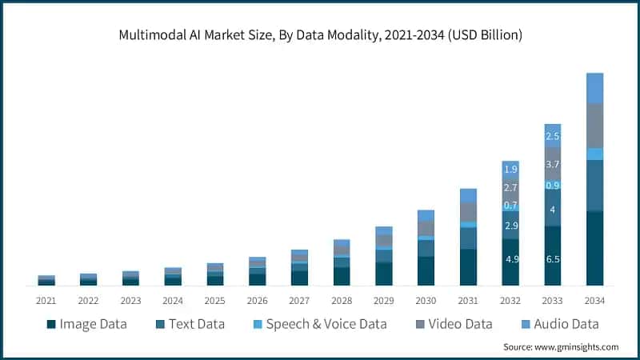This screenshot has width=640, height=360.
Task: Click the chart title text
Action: (x=319, y=35)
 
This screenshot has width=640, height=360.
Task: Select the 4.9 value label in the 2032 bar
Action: (x=510, y=260)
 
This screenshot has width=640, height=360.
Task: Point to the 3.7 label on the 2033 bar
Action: (x=553, y=164)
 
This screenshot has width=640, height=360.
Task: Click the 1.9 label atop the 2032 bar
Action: (x=510, y=170)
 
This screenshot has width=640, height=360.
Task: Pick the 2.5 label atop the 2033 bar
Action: (x=553, y=137)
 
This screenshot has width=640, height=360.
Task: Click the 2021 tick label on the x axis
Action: (x=46, y=301)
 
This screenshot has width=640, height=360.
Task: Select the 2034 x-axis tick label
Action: (x=594, y=301)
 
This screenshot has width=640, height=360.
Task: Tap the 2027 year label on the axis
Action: (x=299, y=301)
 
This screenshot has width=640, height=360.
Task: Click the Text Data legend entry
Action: (x=190, y=324)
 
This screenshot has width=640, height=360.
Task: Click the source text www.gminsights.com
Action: (x=560, y=347)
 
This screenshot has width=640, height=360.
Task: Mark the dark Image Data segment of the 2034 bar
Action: (x=594, y=248)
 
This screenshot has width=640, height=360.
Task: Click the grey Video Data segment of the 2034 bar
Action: (x=594, y=126)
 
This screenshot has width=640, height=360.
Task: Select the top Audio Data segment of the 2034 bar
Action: (x=594, y=88)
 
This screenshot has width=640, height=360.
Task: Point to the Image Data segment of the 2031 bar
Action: (x=468, y=267)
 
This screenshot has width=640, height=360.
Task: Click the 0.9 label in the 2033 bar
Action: (x=553, y=185)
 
